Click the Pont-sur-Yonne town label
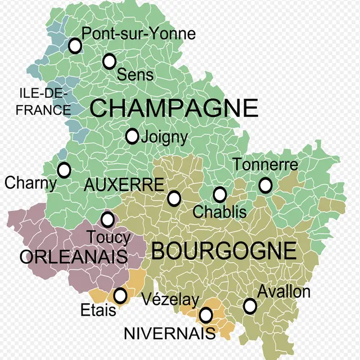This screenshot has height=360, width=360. [x=139, y=34]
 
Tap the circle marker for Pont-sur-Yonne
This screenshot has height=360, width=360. [x=75, y=46]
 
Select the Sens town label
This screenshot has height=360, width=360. [x=135, y=74]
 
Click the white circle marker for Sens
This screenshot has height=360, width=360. [x=110, y=61]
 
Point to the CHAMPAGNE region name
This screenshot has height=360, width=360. [x=174, y=107]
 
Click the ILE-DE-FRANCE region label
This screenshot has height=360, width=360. [x=43, y=101]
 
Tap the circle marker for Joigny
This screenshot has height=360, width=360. [x=132, y=136]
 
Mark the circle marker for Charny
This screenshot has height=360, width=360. [x=64, y=170]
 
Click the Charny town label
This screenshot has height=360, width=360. [x=30, y=183]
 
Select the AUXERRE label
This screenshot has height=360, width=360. [x=124, y=184]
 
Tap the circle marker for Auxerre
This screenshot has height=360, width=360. [x=174, y=199]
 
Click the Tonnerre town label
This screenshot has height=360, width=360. [x=265, y=165]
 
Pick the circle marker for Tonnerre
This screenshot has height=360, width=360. [x=265, y=184]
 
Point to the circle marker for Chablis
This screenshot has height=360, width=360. [x=220, y=195]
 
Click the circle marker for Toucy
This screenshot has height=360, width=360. [x=107, y=219]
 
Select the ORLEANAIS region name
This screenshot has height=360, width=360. [x=74, y=257]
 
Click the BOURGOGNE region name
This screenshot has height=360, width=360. [x=224, y=251]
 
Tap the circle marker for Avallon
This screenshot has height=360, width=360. [x=250, y=306]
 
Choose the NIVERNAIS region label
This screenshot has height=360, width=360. [x=169, y=333]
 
